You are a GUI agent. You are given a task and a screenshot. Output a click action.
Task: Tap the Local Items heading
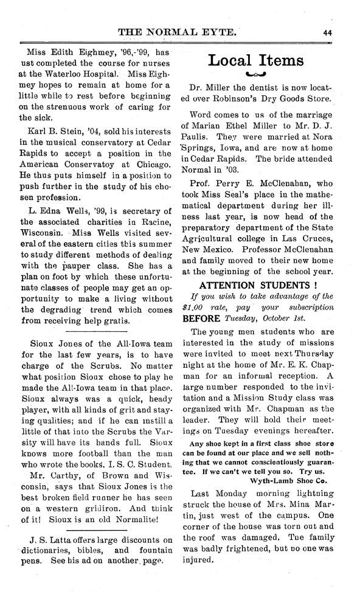pos(255,61)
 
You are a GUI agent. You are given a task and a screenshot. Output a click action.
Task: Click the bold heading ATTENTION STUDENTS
pos(255,284)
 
